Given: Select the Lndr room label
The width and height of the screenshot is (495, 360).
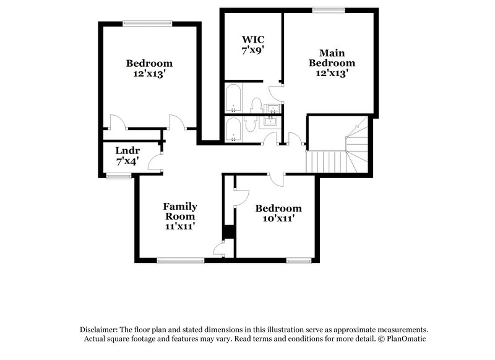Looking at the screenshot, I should pyautogui.click(x=128, y=150).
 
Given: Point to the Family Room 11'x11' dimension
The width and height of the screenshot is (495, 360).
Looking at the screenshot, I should pyautogui.click(x=180, y=226).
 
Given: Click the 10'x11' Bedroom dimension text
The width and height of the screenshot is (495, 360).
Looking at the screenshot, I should pyautogui.click(x=278, y=218).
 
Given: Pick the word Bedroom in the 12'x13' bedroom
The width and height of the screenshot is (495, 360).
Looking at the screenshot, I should pyautogui.click(x=149, y=63).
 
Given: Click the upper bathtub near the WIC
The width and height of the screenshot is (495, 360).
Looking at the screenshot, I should pyautogui.click(x=233, y=98).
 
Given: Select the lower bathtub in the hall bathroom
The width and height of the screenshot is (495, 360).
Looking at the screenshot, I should pyautogui.click(x=233, y=130).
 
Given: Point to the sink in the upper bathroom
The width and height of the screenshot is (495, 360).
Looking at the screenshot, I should pyautogui.click(x=272, y=109).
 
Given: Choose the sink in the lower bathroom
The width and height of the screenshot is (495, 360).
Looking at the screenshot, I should pyautogui.click(x=270, y=121).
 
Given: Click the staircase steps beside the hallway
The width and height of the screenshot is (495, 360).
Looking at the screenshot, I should pyautogui.click(x=324, y=163).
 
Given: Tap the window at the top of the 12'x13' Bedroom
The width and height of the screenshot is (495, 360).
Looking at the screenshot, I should pyautogui.click(x=147, y=24).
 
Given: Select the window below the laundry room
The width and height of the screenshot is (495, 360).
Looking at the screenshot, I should pyautogui.click(x=118, y=176).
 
